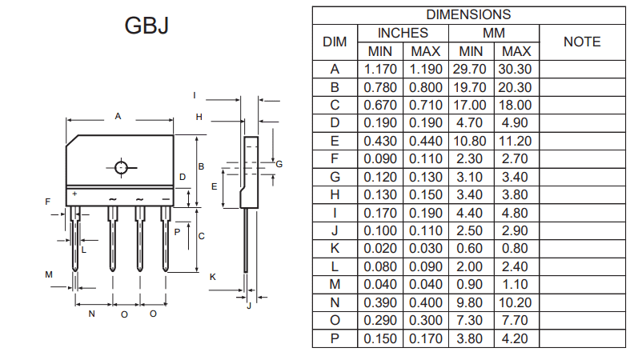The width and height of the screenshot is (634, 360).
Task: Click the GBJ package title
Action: click(x=146, y=26)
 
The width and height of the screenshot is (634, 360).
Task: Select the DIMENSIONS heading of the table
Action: click(x=467, y=14)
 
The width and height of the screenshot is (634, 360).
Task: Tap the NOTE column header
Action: click(x=582, y=42)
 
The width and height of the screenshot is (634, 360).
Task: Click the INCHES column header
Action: click(x=403, y=33)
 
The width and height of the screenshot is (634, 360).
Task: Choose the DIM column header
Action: click(x=335, y=42)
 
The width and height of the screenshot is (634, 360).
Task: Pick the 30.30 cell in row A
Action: click(x=515, y=70)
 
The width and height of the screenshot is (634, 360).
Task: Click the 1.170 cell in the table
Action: click(x=381, y=70)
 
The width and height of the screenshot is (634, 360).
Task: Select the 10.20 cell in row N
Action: click(x=515, y=302)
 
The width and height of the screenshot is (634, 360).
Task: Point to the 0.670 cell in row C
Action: click(x=381, y=106)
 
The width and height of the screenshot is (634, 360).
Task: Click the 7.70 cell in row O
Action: click(x=515, y=320)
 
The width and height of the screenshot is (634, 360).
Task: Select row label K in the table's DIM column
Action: click(x=335, y=248)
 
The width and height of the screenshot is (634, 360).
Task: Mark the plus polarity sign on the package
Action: click(x=74, y=194)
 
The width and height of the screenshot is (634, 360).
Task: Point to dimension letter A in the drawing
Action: click(x=118, y=116)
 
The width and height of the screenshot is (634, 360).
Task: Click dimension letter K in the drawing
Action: click(x=213, y=276)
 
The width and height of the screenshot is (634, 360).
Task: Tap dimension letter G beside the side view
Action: click(x=279, y=163)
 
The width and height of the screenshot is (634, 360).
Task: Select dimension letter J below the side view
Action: click(x=249, y=305)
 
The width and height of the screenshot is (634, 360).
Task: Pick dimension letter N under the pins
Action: click(x=91, y=314)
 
